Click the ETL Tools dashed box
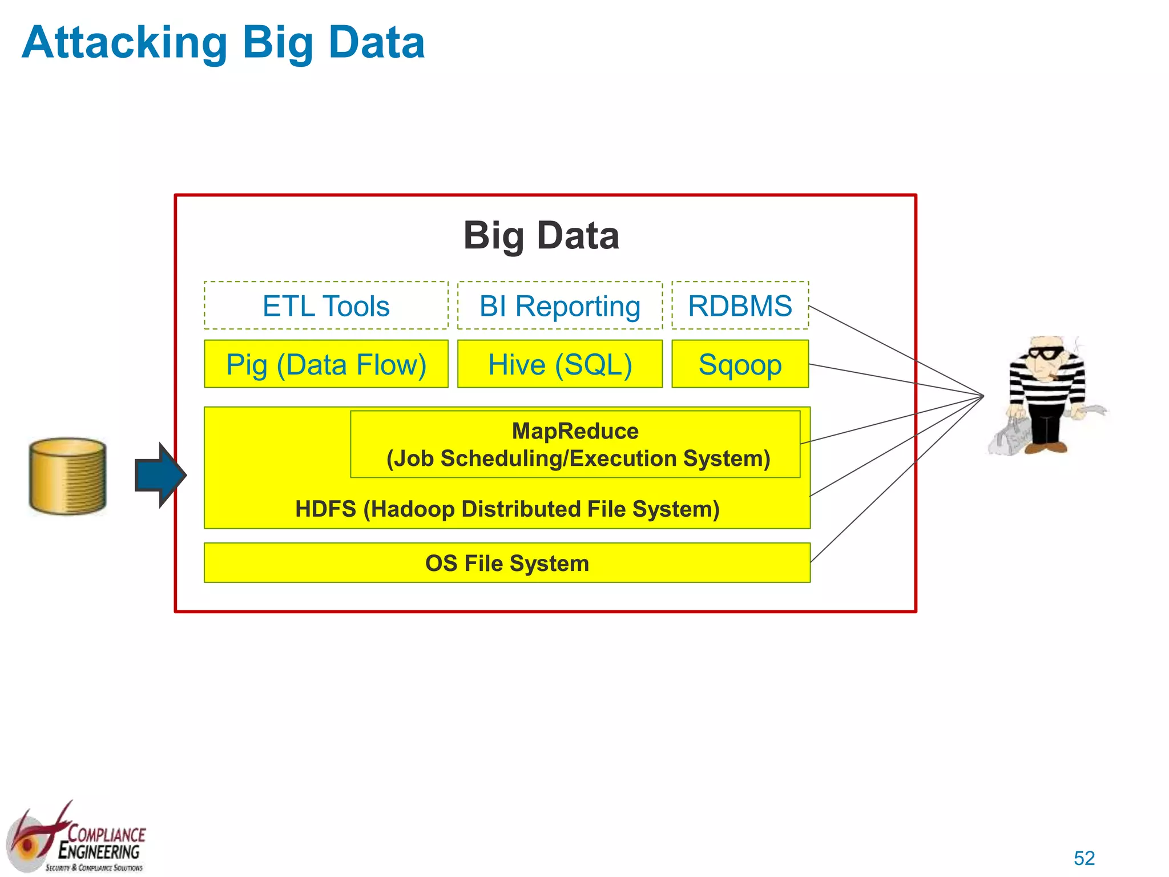[x=326, y=305]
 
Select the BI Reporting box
[x=559, y=305]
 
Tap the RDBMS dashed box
[x=740, y=305]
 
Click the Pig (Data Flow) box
[x=326, y=364]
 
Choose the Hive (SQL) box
[x=559, y=364]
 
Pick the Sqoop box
[x=740, y=364]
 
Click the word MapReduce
[x=575, y=431]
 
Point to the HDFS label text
[x=507, y=509]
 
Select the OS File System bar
[x=507, y=563]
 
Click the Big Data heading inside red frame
[x=541, y=235]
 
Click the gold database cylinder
[x=68, y=476]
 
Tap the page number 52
[x=1084, y=858]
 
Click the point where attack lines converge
[x=983, y=396]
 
